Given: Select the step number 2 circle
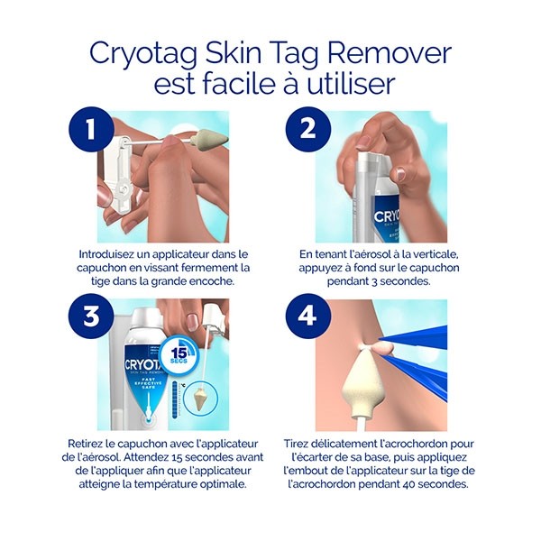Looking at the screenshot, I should click(x=307, y=129).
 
